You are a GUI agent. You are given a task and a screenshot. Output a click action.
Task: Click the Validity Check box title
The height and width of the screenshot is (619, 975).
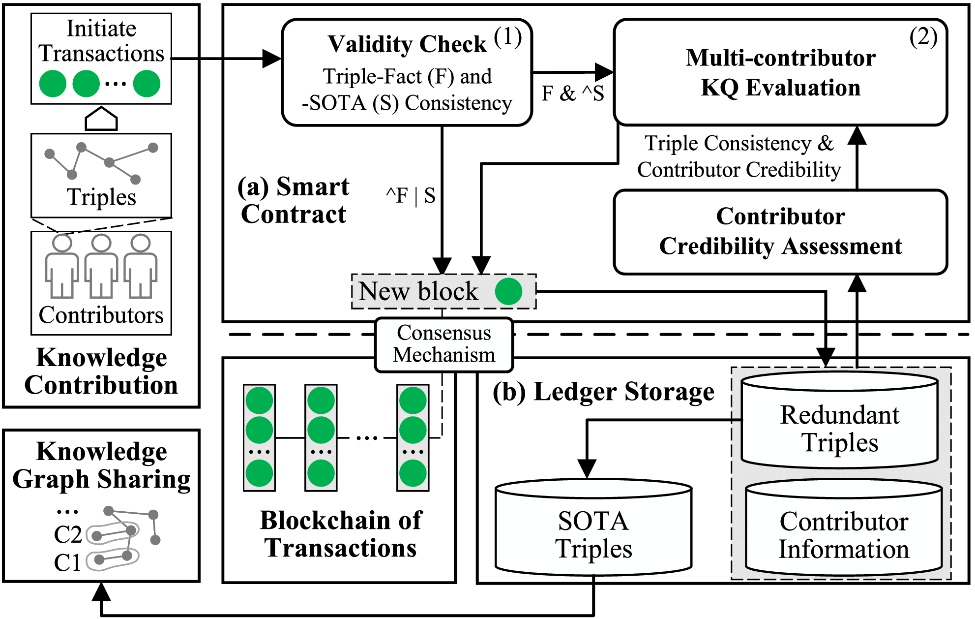click(x=407, y=44)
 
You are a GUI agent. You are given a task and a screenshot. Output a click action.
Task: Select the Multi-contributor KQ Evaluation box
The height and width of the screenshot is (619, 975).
click(x=780, y=73)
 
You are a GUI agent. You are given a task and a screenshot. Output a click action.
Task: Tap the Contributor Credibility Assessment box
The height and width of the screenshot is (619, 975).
click(x=780, y=232)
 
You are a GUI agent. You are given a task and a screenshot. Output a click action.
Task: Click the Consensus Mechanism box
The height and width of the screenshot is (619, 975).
click(x=443, y=344)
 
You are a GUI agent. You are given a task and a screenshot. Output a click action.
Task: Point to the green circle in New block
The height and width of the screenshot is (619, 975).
click(x=508, y=291)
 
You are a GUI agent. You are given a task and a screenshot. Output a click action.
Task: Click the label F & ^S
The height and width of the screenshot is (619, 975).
click(x=572, y=93)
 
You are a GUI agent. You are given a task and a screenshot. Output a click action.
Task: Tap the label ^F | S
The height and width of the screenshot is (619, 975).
click(x=411, y=196)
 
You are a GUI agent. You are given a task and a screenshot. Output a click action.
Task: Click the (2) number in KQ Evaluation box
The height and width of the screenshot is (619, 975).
click(x=923, y=37)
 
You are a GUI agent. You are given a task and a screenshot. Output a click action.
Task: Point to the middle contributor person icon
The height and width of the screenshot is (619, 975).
click(x=101, y=266)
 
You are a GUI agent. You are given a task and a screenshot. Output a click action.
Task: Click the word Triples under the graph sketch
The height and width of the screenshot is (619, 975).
click(x=101, y=197)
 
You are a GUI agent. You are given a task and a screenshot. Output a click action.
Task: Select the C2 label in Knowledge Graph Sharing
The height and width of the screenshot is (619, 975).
click(x=68, y=535)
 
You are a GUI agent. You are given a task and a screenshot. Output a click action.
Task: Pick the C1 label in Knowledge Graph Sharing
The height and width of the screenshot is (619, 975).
click(x=67, y=562)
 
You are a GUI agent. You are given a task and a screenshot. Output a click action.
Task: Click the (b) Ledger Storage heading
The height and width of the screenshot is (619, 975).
click(x=603, y=392)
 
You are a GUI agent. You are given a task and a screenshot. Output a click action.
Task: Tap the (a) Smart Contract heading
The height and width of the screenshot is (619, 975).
click(x=294, y=200)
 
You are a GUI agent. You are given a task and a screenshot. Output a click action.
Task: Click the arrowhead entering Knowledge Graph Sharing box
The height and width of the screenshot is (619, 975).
click(x=101, y=591)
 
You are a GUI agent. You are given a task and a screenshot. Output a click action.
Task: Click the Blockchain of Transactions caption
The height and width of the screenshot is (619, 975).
click(x=340, y=534)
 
